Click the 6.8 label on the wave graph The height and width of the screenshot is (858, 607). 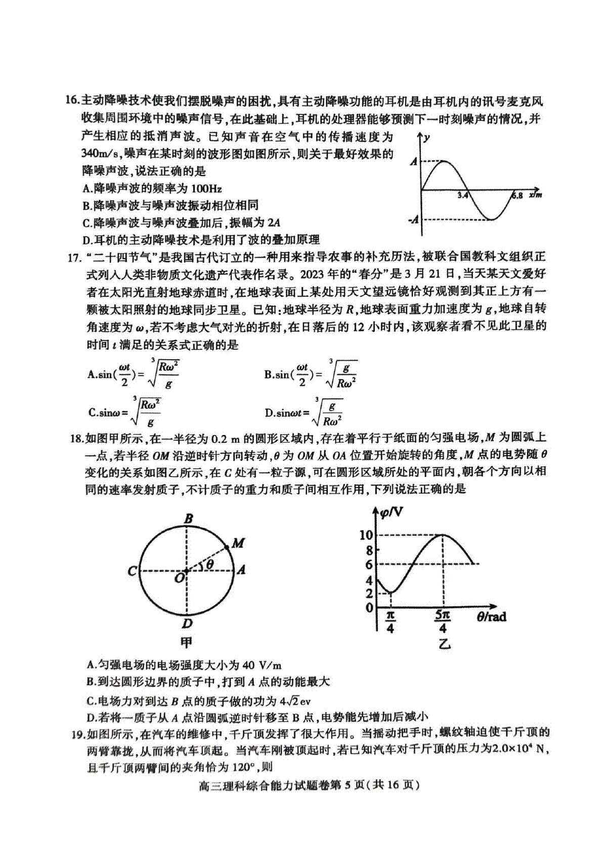516,195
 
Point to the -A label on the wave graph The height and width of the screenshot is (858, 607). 413,219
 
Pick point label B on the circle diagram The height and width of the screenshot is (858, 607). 188,518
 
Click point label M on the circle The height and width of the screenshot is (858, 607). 238,543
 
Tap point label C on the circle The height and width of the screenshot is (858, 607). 132,571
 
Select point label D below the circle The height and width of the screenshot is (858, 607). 188,624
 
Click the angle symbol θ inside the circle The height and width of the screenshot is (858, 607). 209,564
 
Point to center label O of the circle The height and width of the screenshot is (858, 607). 179,578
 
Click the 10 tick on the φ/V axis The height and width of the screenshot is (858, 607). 366,535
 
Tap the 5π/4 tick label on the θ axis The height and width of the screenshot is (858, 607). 443,622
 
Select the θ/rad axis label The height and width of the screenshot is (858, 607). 491,616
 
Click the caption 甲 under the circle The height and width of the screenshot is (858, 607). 187,642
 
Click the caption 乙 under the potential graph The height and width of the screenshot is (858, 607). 444,644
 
